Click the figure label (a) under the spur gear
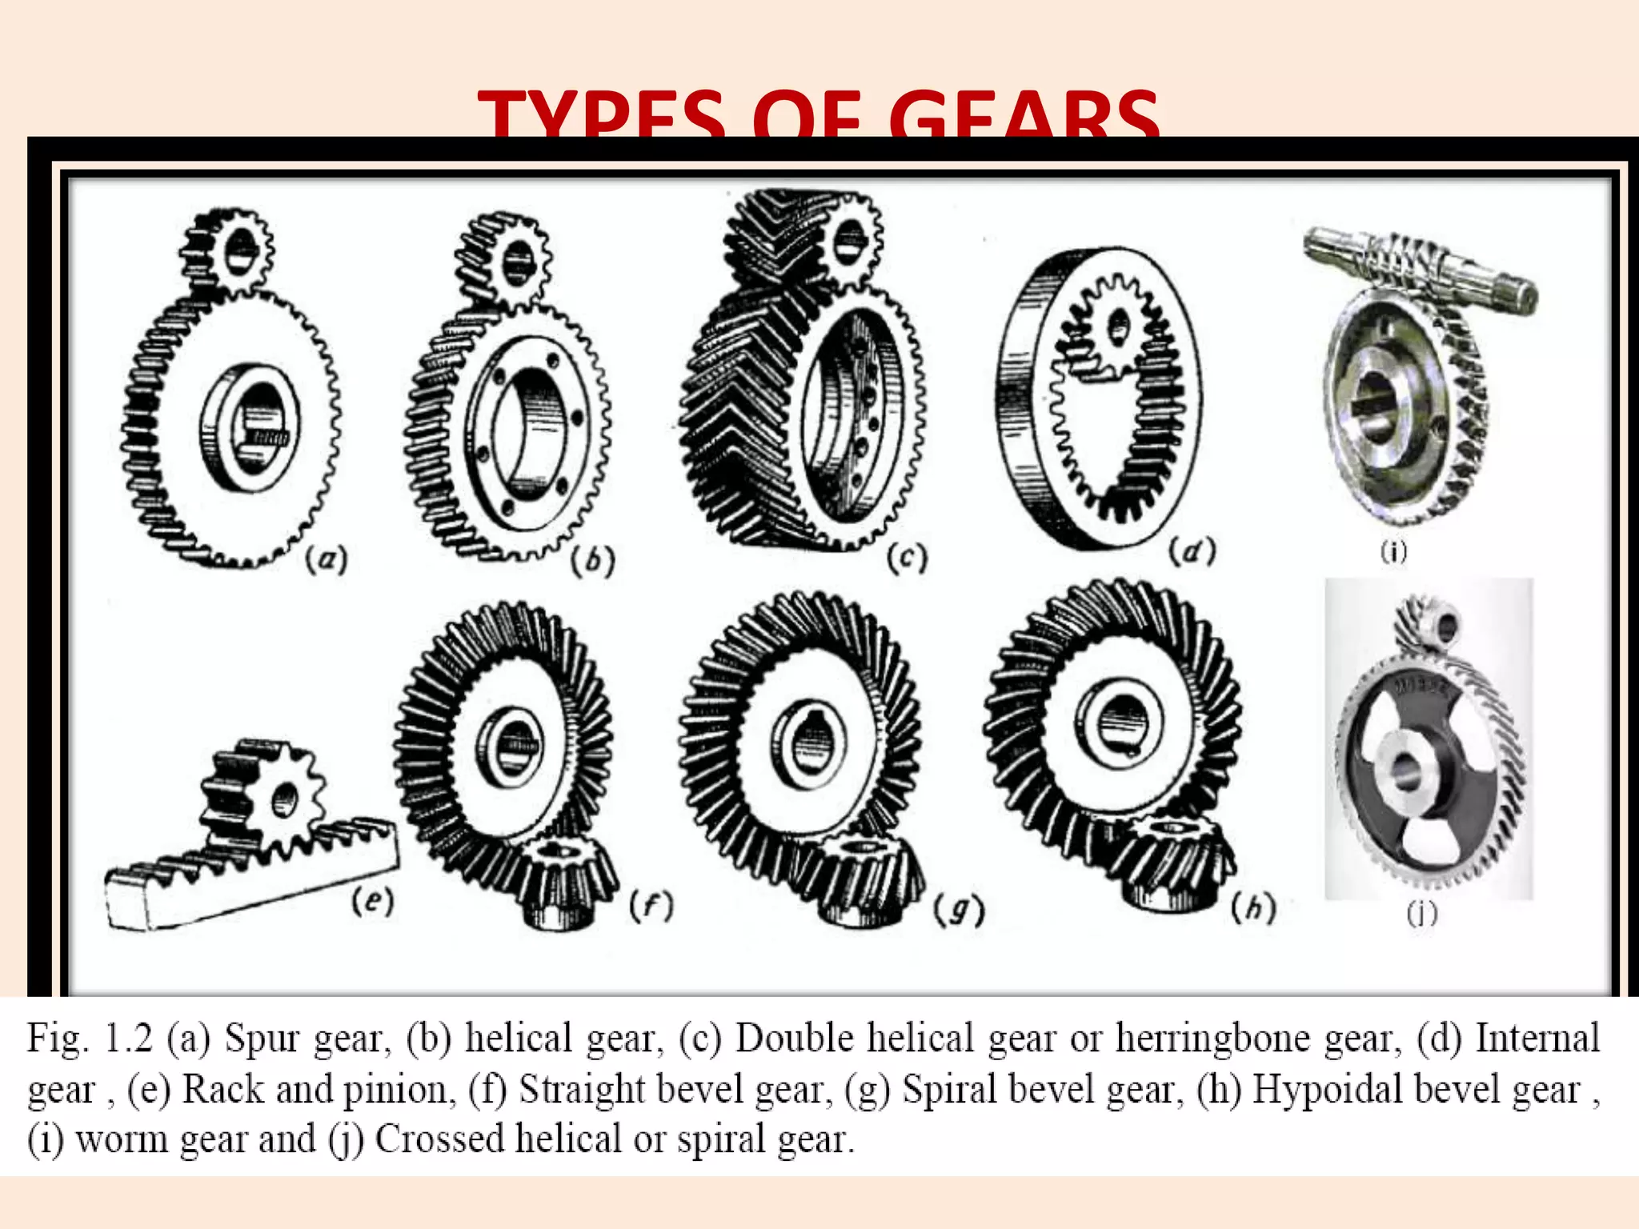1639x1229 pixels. point(327,559)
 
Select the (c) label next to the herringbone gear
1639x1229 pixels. point(907,558)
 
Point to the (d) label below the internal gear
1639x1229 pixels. point(1192,551)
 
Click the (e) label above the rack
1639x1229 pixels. point(373,902)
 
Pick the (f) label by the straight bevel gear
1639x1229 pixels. point(651,906)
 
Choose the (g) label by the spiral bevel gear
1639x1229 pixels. point(959,911)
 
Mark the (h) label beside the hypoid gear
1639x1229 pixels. point(1252,907)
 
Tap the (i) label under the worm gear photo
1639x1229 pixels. point(1393,551)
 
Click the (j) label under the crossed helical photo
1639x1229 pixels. point(1422,913)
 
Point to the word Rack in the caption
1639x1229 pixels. point(223,1090)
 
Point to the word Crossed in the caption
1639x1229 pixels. point(439,1139)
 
